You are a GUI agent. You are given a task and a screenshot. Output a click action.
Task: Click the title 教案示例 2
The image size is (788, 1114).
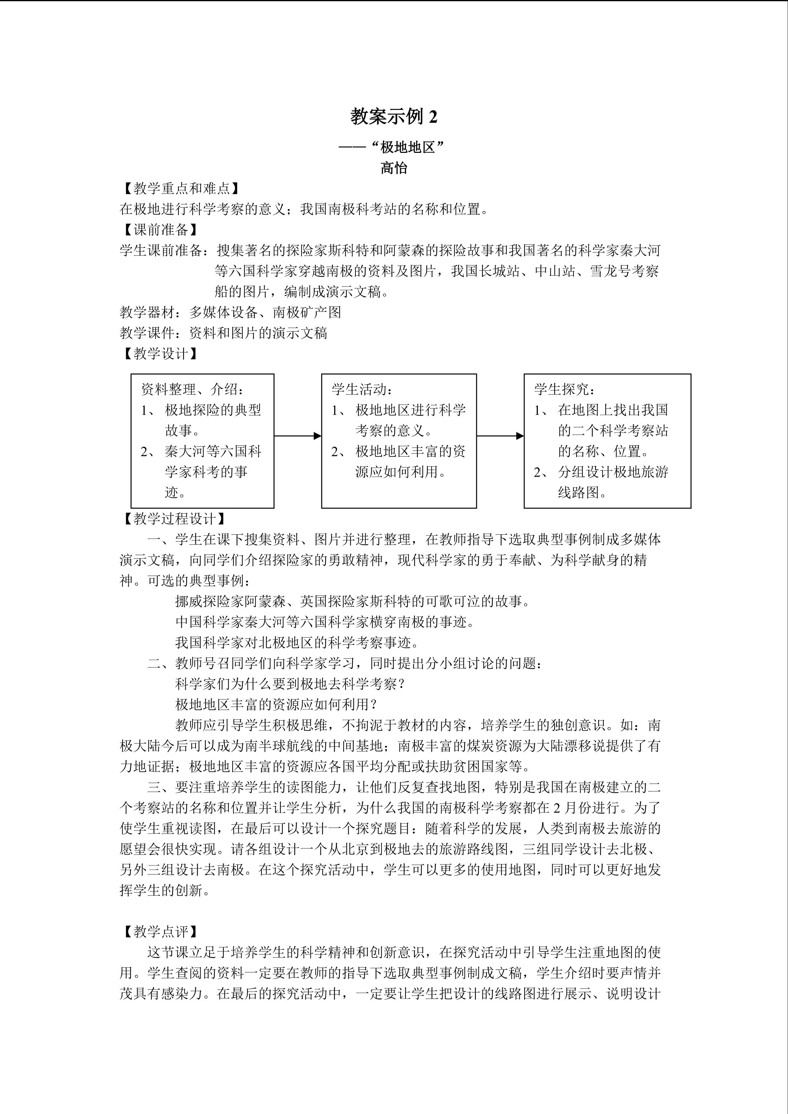coord(394,117)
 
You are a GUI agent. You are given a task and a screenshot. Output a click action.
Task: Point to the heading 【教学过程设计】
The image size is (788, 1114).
coord(175,519)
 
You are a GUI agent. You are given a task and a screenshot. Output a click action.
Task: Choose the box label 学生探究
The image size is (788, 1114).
coord(564,389)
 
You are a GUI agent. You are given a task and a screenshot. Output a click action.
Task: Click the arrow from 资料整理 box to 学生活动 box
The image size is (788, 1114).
coord(298,436)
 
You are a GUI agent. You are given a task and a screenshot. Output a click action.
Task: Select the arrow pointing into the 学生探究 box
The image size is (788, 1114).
coord(500,436)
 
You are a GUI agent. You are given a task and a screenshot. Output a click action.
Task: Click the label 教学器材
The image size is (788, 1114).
coord(147,312)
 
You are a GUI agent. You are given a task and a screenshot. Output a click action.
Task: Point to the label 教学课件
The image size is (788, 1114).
coord(147,333)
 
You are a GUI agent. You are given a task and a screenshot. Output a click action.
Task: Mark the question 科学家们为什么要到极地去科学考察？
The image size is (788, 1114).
coord(290,684)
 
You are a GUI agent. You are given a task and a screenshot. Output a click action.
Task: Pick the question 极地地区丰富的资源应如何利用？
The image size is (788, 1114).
coord(277,704)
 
